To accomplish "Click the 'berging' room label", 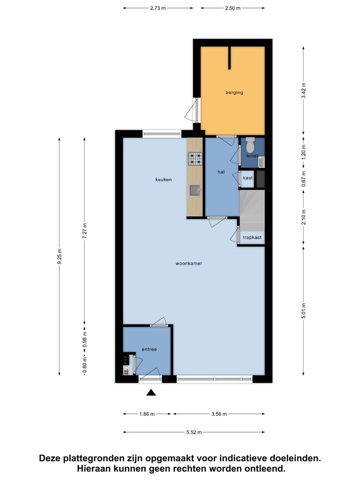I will [233, 92].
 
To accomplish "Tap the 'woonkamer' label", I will [188, 263].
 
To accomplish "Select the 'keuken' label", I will [163, 179].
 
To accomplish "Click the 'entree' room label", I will [149, 349].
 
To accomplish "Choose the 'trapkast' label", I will [252, 238].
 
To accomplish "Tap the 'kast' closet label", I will [247, 178].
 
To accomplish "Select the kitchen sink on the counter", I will [194, 190].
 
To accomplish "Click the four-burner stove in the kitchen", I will [195, 159].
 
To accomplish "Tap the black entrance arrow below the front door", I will [151, 393].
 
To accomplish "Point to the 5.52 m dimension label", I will [194, 432].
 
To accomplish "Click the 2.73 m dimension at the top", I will [158, 8].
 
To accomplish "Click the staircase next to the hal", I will [252, 207].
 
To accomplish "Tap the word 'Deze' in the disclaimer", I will [51, 458].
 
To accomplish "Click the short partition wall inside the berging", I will [229, 58].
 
